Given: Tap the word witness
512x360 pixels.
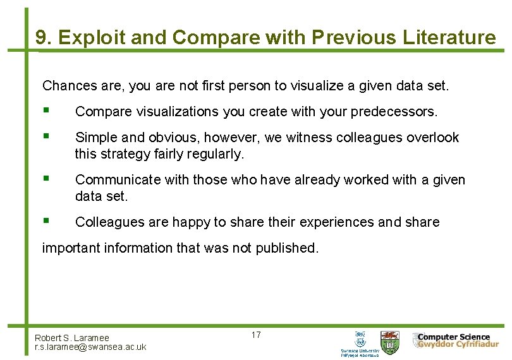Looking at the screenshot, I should [x=297, y=138].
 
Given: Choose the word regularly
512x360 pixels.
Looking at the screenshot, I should [x=216, y=153].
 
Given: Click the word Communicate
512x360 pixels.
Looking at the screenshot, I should [x=118, y=180].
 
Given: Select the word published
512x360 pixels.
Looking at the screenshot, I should [x=286, y=248].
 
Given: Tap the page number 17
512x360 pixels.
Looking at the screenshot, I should [x=256, y=335].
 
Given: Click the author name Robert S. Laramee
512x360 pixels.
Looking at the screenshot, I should [x=72, y=338].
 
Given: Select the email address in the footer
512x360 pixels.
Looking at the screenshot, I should [x=90, y=347].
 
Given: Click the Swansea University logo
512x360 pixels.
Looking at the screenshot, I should [x=360, y=343].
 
